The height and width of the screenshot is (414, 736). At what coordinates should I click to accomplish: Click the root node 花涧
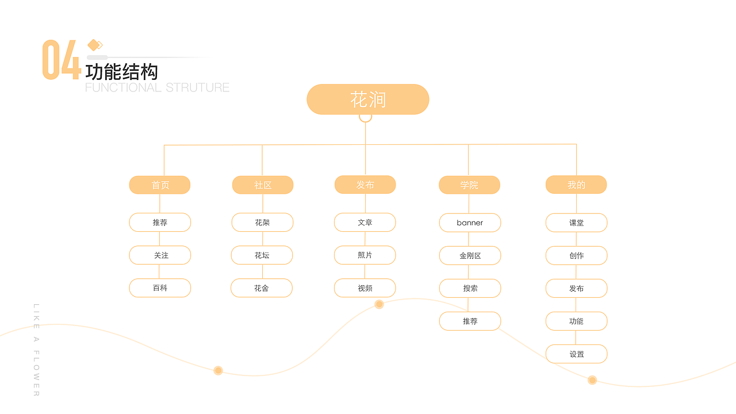point(368,99)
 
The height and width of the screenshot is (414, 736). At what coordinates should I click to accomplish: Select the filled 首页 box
point(160,185)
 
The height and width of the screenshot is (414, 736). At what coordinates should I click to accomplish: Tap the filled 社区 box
point(263,185)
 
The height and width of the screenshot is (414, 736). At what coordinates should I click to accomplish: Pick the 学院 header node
point(469,185)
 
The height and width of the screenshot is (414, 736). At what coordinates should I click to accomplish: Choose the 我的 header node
point(576,185)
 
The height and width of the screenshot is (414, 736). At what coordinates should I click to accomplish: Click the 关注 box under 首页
point(160,255)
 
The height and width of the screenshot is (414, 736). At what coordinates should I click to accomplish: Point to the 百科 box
point(160,288)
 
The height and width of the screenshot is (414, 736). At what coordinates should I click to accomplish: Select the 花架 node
point(262,223)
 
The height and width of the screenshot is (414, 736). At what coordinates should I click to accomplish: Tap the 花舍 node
point(262,288)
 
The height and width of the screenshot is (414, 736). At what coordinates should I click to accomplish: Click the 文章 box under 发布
point(365,223)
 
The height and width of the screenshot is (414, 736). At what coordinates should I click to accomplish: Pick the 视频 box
point(365,288)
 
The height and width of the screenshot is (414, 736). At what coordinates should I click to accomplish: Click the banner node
point(470,223)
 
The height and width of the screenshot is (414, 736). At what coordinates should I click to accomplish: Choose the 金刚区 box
point(470,255)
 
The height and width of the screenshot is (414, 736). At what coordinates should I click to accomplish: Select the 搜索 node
point(470,288)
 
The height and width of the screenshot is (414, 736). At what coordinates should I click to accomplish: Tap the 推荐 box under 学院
point(470,321)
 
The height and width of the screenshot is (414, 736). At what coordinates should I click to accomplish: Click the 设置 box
point(576,354)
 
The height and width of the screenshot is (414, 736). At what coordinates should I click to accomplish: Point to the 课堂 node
point(576,223)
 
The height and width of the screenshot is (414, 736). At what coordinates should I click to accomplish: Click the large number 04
point(61,60)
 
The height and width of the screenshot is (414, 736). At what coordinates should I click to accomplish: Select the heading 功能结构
point(121,72)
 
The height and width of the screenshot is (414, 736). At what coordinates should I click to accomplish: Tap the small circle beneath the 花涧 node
point(365,117)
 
